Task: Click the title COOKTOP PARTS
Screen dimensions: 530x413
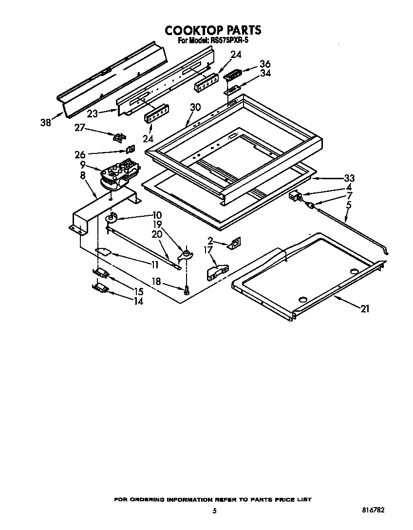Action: (213, 30)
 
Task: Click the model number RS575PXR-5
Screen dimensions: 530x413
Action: (228, 41)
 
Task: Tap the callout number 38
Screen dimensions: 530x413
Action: (45, 123)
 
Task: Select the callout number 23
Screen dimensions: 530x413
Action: (93, 114)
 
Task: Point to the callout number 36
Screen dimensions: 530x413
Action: (265, 64)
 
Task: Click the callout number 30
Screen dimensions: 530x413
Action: (195, 107)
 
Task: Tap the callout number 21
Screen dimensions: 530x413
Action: (365, 308)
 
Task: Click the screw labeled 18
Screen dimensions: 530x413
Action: (187, 290)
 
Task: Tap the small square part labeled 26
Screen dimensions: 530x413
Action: (131, 150)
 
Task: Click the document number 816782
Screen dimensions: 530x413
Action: (374, 511)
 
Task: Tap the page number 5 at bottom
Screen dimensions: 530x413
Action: (214, 511)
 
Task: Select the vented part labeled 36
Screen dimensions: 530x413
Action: (232, 75)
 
